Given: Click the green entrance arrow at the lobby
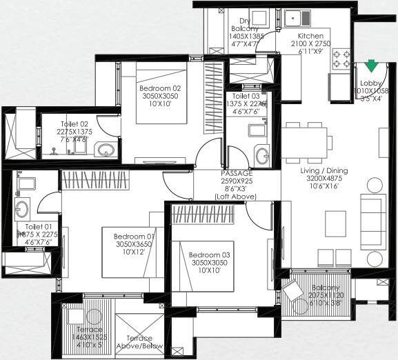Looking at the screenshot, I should tap(372, 66).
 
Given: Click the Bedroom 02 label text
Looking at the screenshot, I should tap(159, 88).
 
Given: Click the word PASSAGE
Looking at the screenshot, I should tap(237, 173).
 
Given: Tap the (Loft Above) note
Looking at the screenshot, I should tap(237, 197).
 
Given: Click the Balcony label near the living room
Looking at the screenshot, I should tap(326, 288).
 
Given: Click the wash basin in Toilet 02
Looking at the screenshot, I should tap(105, 149).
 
